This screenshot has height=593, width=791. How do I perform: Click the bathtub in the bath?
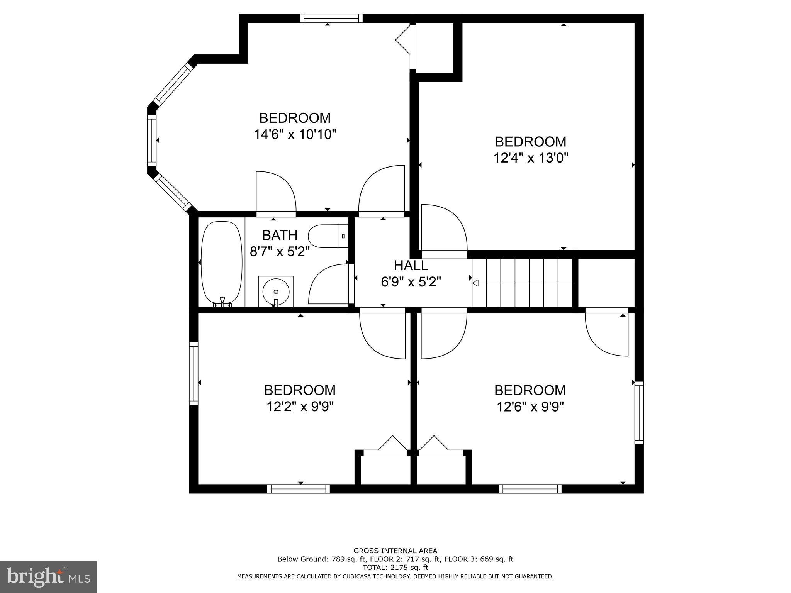coord(222,263)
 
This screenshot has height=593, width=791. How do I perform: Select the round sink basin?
coord(276,292)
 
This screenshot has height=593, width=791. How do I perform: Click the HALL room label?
coord(411,266)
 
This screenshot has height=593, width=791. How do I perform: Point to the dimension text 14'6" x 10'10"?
coord(295,134)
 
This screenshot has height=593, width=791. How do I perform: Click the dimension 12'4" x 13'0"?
coord(531,158)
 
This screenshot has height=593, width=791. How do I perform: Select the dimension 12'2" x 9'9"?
coord(300,407)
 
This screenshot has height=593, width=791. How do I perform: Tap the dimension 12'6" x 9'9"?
coord(530,407)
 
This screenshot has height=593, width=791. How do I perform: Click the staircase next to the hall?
coord(522,283)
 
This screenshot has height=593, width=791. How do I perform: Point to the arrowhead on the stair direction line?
coord(476,283)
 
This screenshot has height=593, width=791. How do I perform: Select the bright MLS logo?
coord(48,577)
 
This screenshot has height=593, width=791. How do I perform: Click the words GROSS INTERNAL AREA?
coord(395,551)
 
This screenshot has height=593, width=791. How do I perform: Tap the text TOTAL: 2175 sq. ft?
coord(395,568)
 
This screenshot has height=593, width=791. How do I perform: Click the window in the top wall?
coord(331,18)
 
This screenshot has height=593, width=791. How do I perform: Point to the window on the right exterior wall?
coord(639,413)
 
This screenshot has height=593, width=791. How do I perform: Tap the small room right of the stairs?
coord(606,283)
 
